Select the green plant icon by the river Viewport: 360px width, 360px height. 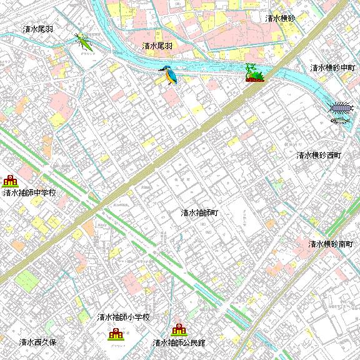click(x=253, y=73)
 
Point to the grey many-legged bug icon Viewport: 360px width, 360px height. click(x=341, y=107)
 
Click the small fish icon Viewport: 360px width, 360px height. click(x=339, y=120)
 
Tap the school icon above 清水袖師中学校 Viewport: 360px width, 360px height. click(x=10, y=181)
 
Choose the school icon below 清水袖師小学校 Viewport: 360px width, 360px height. click(x=115, y=334)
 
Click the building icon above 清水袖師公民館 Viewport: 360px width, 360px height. click(x=179, y=329)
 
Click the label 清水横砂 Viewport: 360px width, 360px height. click(x=280, y=19)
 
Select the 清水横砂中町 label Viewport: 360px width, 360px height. click(x=333, y=67)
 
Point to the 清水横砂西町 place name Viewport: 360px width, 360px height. click(x=319, y=155)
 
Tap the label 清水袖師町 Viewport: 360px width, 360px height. click(x=199, y=212)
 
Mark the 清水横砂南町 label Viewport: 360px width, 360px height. click(x=331, y=244)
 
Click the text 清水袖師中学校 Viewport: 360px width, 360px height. click(x=29, y=192)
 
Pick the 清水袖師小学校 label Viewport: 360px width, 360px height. click(x=124, y=317)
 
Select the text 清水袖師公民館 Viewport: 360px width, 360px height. click(x=179, y=343)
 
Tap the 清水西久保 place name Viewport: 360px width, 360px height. click(x=38, y=342)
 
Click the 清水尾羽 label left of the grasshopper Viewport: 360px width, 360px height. click(x=37, y=29)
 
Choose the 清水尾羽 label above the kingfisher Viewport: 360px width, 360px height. click(x=157, y=46)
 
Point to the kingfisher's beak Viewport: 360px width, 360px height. click(x=161, y=69)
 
